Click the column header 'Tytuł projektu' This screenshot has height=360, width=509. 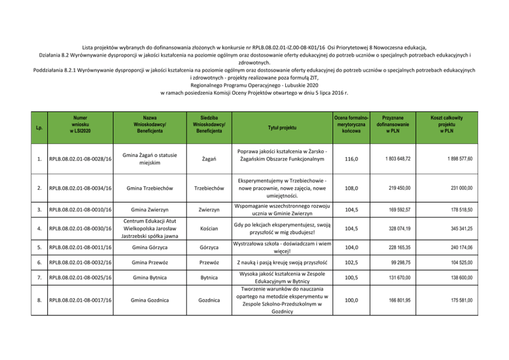281,127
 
